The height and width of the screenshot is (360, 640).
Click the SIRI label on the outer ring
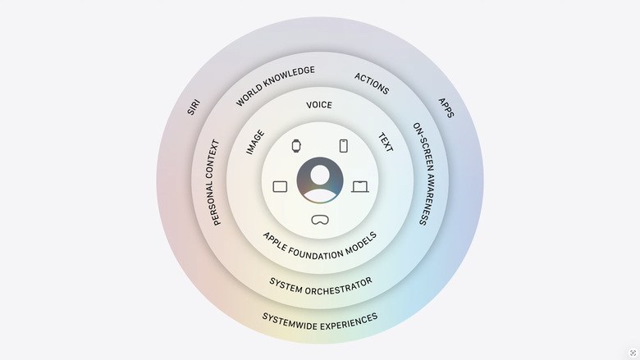click(194, 107)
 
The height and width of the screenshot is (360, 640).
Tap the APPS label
click(446, 107)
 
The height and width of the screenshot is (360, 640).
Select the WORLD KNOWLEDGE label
click(275, 85)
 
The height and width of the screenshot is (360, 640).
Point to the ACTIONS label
click(372, 84)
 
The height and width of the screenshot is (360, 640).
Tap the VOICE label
click(319, 105)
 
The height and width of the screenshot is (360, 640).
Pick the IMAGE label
click(255, 143)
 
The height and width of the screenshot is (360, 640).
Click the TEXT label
click(386, 143)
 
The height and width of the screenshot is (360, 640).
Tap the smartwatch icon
click(296, 145)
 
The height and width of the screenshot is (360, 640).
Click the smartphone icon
click(344, 145)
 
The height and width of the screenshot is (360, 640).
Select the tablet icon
click(280, 187)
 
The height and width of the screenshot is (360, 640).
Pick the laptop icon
click(360, 187)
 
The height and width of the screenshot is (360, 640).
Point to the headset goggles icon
click(320, 220)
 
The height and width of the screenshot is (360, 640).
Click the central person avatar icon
click(320, 180)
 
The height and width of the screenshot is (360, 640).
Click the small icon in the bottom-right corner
click(633, 353)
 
